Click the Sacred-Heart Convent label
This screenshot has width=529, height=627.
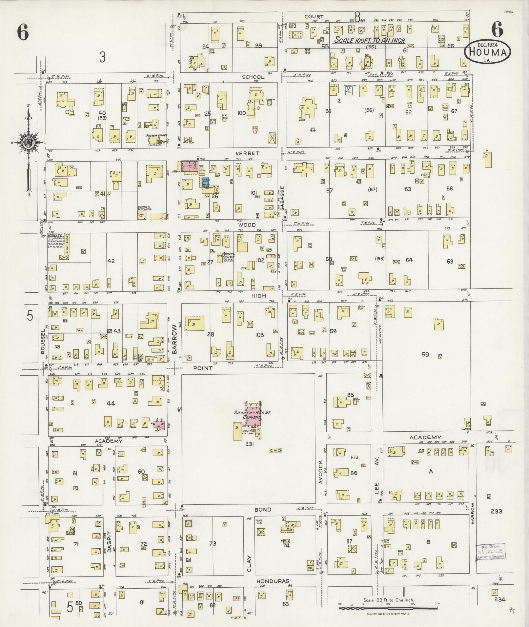(252, 415)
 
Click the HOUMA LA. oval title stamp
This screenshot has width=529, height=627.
(488, 52)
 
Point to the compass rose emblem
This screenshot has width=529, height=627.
(28, 142)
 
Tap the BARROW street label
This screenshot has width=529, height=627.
(174, 339)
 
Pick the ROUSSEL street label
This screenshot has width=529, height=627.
(43, 343)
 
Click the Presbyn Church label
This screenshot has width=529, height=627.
(156, 135)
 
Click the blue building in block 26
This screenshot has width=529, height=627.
(205, 182)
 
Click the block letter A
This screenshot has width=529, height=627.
(431, 471)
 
